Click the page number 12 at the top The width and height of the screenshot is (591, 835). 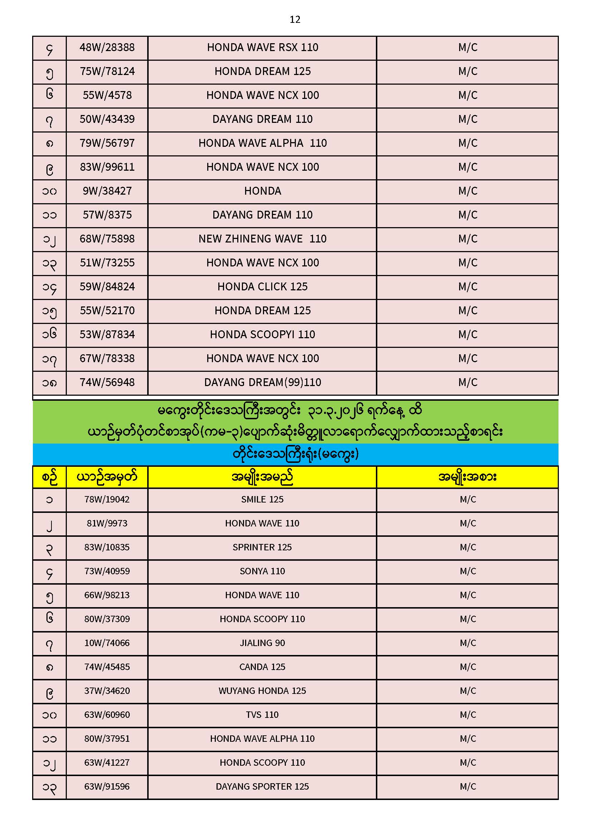tap(295, 20)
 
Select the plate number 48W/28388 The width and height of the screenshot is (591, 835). tap(107, 47)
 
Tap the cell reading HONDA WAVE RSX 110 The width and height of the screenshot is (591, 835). tap(262, 47)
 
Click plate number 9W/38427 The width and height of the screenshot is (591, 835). tap(107, 191)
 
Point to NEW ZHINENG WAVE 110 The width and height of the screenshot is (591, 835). tap(262, 239)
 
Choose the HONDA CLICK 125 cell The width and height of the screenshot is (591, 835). tap(262, 287)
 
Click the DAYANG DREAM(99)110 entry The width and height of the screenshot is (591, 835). tap(262, 382)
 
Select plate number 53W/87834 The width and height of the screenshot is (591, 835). tap(107, 335)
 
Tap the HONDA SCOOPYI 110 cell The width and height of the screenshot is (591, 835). tap(262, 335)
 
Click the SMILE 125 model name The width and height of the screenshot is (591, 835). tap(262, 500)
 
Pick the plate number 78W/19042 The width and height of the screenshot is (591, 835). tap(107, 500)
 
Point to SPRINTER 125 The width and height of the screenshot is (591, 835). tap(262, 547)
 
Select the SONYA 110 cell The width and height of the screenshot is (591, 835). tap(262, 571)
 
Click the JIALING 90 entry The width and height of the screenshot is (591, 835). tap(262, 643)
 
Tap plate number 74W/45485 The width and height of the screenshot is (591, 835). tap(107, 667)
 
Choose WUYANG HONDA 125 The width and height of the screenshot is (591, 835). tap(262, 691)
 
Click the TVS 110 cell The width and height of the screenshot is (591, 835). tap(262, 715)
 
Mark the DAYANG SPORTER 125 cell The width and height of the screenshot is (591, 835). tap(262, 787)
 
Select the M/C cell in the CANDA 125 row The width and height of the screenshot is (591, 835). tap(468, 667)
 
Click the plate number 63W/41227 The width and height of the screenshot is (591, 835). tap(107, 762)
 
